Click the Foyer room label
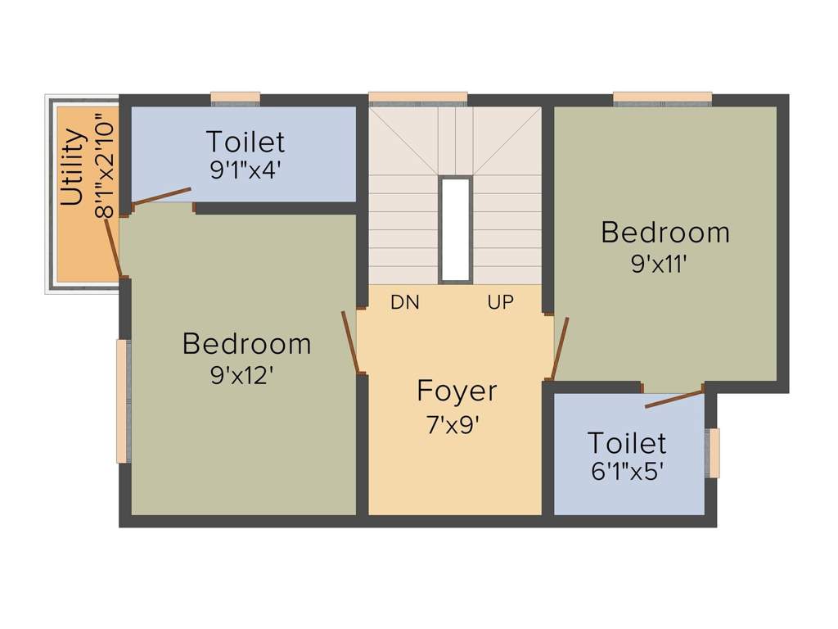coord(457,391)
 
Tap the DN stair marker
coord(405,302)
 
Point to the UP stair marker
coord(501,302)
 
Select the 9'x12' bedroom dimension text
coord(242,375)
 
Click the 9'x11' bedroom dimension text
coord(665,264)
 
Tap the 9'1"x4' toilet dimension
coord(246,169)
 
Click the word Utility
coord(73,168)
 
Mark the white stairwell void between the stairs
coord(455,229)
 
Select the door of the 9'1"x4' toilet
coord(162,196)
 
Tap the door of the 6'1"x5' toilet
coord(674,399)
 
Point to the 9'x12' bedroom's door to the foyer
coord(349,342)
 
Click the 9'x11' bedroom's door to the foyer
coord(561,347)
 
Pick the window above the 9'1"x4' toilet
coord(235,98)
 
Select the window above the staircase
coord(417,98)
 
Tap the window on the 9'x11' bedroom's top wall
coord(662,98)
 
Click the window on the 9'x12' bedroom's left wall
coord(123,401)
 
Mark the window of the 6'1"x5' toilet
coord(713,452)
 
